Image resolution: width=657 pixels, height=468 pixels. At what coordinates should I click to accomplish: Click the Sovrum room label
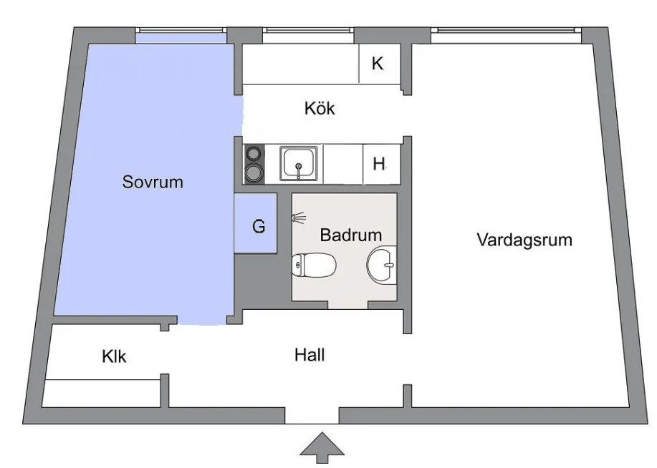pos(152,182)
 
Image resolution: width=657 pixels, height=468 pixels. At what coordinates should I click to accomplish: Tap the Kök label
pos(320,109)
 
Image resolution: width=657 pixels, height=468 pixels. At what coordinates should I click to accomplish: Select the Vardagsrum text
pos(524,239)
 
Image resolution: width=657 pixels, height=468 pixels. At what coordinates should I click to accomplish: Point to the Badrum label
pos(350,235)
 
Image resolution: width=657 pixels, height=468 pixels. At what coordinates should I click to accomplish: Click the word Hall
pos(310,354)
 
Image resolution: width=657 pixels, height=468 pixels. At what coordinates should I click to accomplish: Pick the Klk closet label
pos(114,356)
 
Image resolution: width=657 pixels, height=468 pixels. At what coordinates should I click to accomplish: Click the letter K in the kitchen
pos(378,63)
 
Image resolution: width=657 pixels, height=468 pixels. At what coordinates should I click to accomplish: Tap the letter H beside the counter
pos(379,164)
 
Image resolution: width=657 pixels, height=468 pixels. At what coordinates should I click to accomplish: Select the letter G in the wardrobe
pos(258,227)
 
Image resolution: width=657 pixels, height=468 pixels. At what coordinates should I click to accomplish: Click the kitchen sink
pos(297,164)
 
